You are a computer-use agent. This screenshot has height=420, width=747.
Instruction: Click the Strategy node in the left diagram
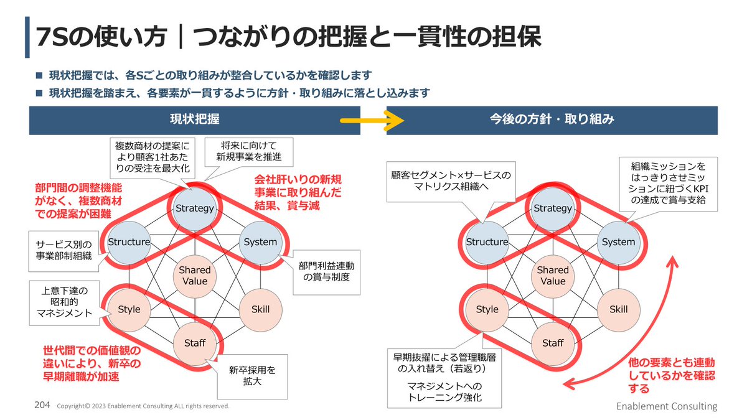194,208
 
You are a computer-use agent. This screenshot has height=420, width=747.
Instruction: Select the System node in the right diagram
618,242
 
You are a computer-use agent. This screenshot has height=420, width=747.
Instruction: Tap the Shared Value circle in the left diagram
194,276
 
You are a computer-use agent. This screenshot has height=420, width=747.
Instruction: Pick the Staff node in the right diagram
552,343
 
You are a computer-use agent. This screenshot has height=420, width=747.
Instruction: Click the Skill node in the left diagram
260,309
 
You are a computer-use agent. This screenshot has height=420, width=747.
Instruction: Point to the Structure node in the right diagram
487,242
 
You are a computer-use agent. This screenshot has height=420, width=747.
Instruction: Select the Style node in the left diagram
129,309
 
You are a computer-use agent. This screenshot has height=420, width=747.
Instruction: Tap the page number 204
42,405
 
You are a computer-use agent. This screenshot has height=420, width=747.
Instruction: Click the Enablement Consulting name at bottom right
667,406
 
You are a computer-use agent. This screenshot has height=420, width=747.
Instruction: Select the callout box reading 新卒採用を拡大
252,375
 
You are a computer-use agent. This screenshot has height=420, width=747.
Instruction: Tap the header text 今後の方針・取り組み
552,119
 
